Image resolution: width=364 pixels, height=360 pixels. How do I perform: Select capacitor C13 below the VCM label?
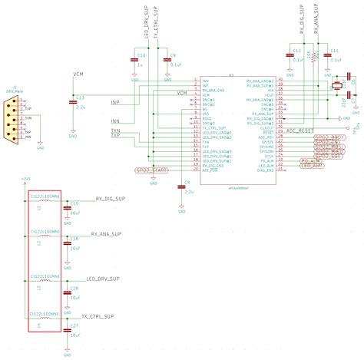pos(73,100)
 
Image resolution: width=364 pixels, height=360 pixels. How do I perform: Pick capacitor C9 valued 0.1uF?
pos(167,59)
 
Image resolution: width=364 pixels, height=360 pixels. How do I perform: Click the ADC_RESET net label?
pos(302,131)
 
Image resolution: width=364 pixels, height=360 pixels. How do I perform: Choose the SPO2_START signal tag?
pos(151,170)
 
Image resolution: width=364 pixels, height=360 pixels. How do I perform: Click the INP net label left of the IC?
pos(115,101)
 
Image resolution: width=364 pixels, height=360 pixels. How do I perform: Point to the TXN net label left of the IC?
pos(115,131)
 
